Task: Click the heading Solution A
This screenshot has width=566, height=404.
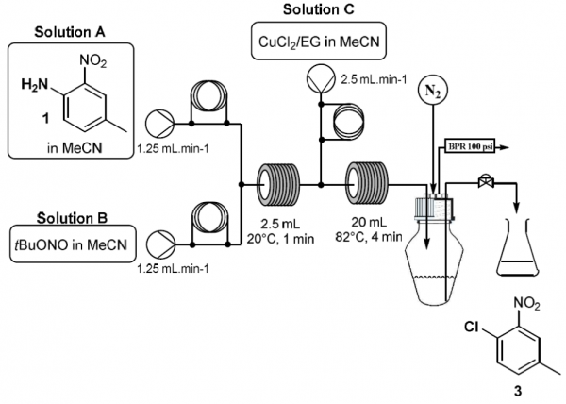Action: pos(70,32)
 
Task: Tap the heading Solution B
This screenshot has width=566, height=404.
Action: pos(72,218)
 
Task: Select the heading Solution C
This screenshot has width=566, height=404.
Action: pos(319,9)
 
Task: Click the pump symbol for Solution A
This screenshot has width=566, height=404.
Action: pos(160,124)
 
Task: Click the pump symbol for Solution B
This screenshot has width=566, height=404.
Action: pos(161,244)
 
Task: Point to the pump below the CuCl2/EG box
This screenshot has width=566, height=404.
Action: pos(321,79)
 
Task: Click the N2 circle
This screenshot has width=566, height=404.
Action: pos(432,91)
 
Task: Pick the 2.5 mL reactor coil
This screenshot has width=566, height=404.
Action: pos(278,185)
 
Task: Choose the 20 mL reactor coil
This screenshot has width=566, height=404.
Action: pos(367,184)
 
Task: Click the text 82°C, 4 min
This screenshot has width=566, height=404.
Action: pos(369,237)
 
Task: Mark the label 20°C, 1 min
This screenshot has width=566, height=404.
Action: pos(280,238)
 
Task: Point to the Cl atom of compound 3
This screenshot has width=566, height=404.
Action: pos(472,327)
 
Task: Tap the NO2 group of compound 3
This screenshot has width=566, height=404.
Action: pos(527,303)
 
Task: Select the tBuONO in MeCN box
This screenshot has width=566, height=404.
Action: pos(73,244)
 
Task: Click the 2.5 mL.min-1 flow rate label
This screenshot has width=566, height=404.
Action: pos(374,79)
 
